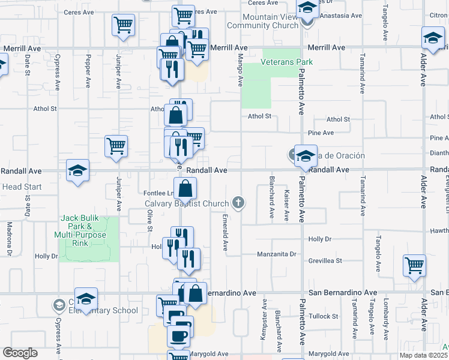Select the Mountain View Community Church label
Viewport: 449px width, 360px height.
[271, 22]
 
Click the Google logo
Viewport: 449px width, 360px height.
[20, 353]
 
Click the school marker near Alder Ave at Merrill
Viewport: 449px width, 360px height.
[433, 38]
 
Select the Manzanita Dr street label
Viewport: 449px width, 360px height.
[277, 254]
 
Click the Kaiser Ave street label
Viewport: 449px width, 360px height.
[287, 205]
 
